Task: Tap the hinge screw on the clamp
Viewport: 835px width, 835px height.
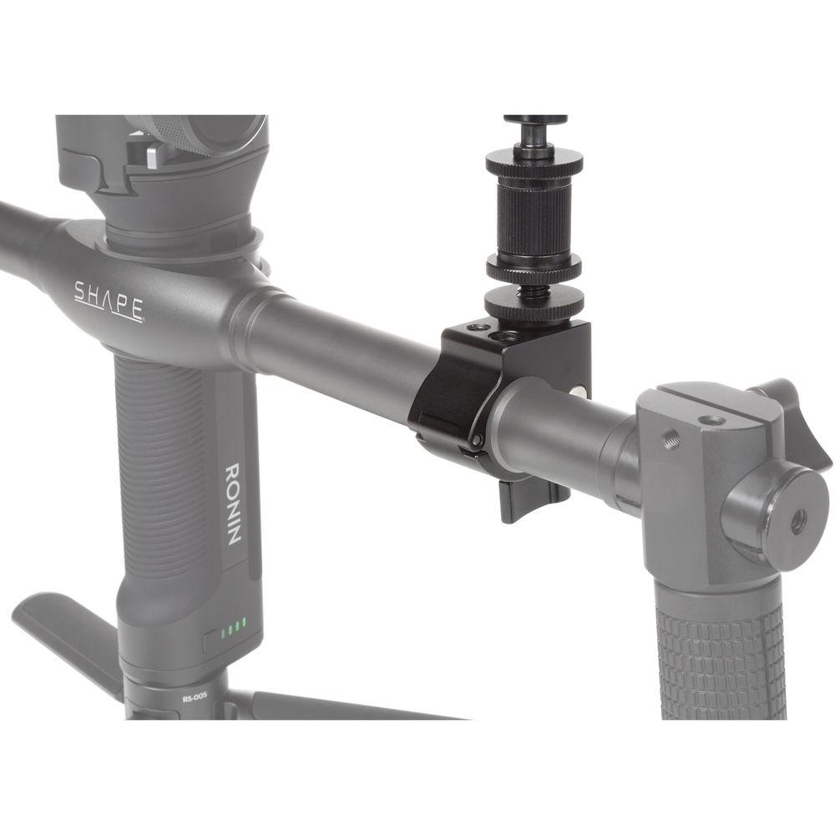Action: [476, 440]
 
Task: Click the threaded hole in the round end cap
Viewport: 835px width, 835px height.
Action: [797, 523]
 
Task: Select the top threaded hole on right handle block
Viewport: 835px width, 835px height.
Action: [711, 420]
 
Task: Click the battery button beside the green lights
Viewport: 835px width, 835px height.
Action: [211, 640]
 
